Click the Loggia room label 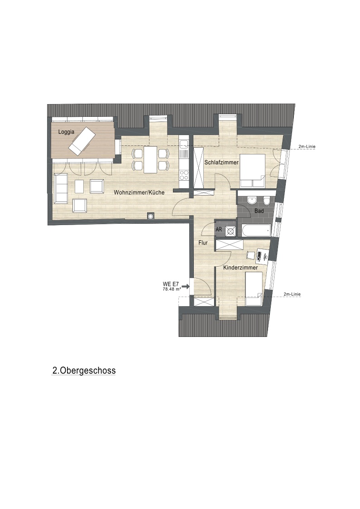pyautogui.click(x=66, y=132)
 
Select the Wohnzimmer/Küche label pyautogui.click(x=139, y=192)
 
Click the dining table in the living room pyautogui.click(x=151, y=160)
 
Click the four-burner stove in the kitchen pyautogui.click(x=184, y=175)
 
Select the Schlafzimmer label pyautogui.click(x=221, y=162)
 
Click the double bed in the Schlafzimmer pyautogui.click(x=252, y=171)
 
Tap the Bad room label pyautogui.click(x=259, y=211)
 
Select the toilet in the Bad pyautogui.click(x=267, y=201)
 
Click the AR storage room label pyautogui.click(x=219, y=230)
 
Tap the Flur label pyautogui.click(x=203, y=242)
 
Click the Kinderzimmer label pyautogui.click(x=240, y=268)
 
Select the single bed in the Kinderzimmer pyautogui.click(x=254, y=289)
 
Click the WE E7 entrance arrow pyautogui.click(x=186, y=286)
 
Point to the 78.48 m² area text pyautogui.click(x=172, y=289)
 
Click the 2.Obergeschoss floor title pyautogui.click(x=84, y=370)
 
